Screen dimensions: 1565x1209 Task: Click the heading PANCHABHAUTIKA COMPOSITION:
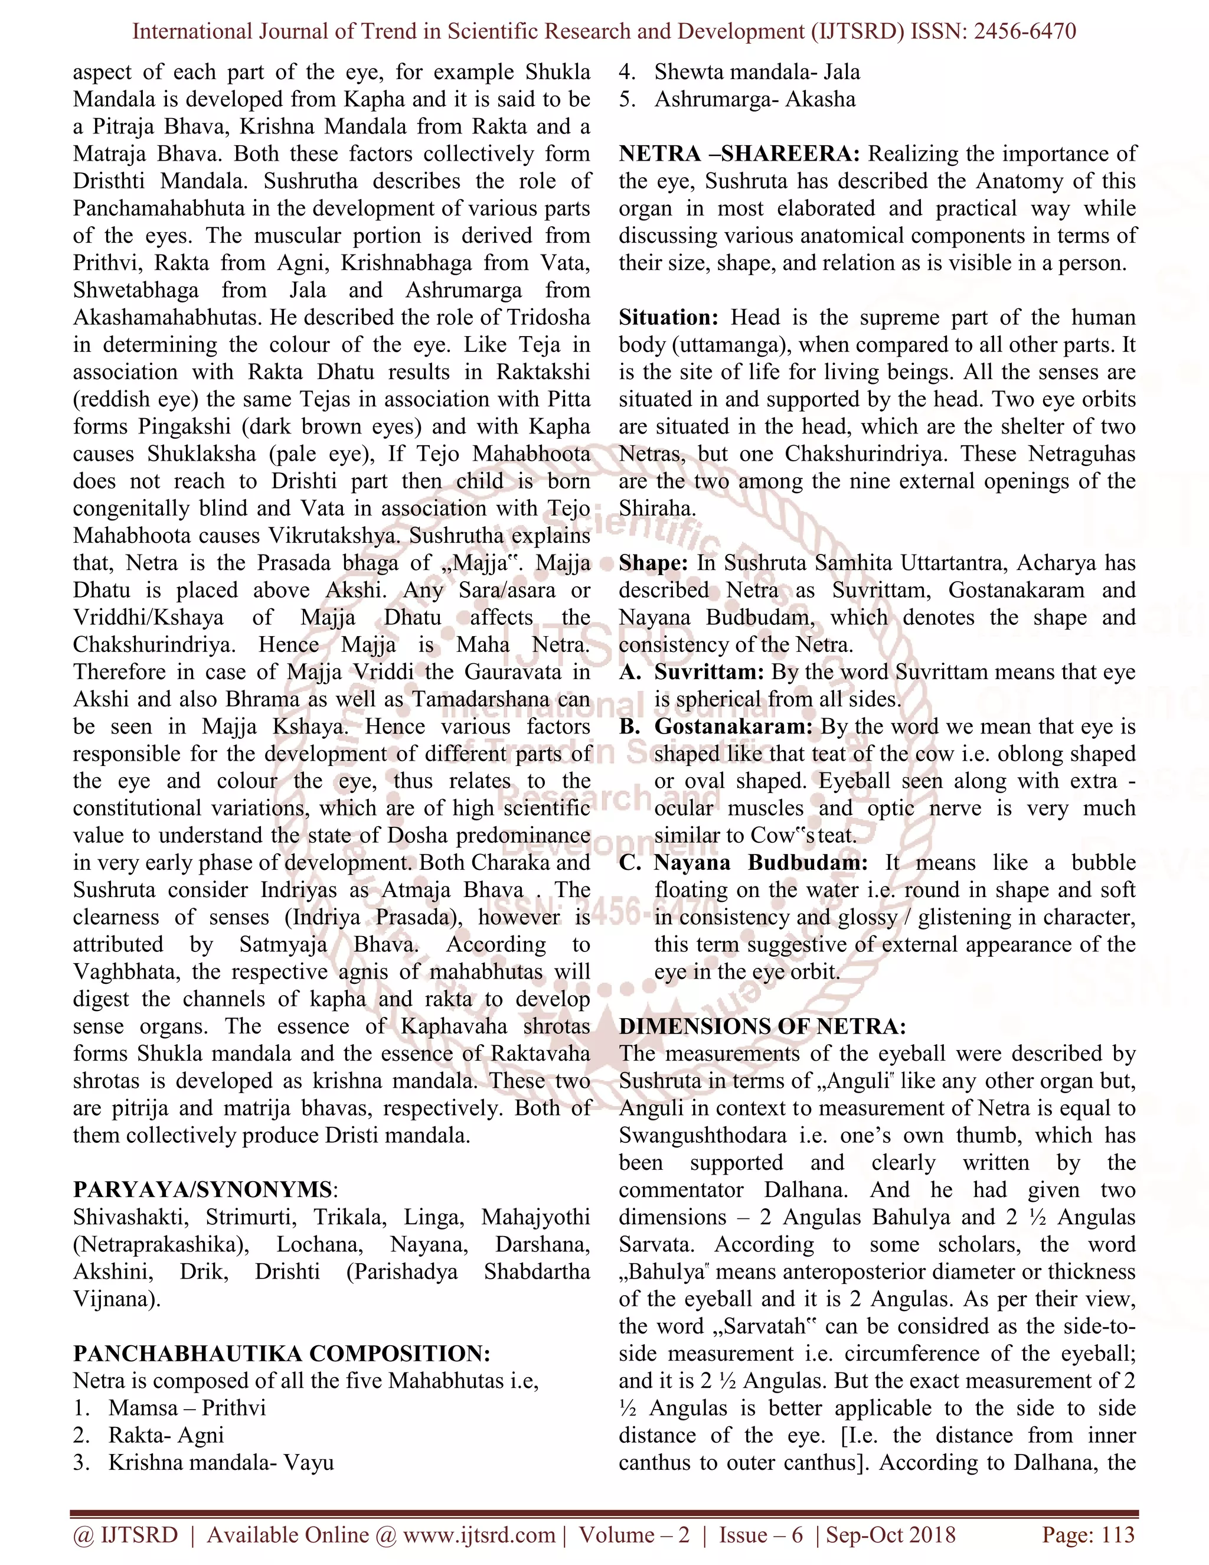point(282,1354)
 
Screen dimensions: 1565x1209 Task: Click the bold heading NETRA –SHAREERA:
point(741,154)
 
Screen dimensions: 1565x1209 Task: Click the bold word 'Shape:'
point(653,563)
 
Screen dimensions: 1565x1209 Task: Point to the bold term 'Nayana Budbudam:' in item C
point(760,863)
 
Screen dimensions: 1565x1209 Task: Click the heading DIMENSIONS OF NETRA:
point(762,1027)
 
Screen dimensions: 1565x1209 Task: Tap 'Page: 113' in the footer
point(1088,1534)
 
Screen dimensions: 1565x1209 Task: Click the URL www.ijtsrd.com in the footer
point(479,1534)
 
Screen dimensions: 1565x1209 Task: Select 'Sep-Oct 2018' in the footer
point(890,1534)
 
